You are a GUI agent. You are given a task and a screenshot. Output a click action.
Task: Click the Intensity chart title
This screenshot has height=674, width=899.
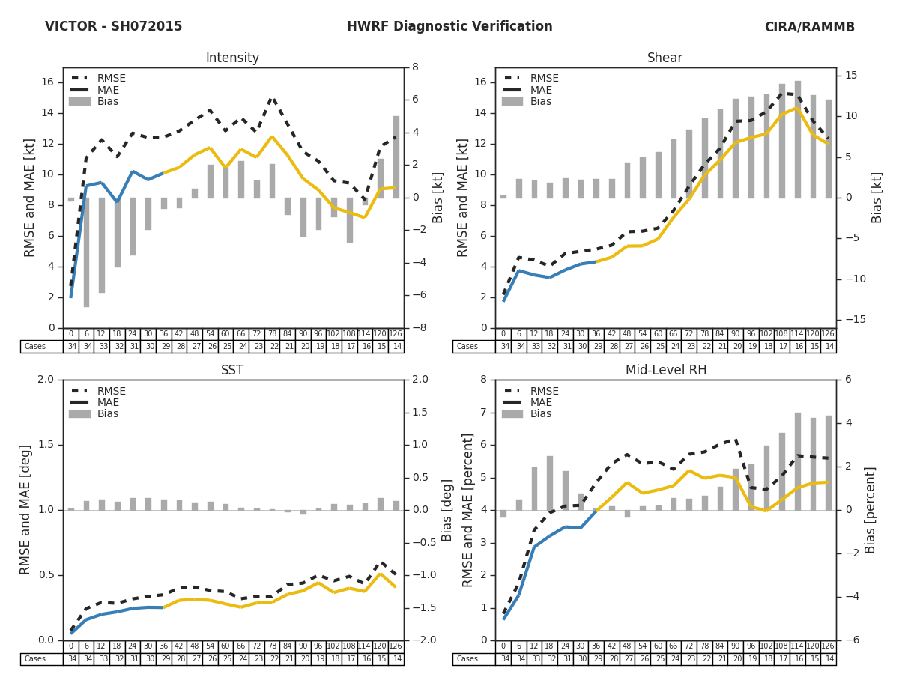click(x=232, y=58)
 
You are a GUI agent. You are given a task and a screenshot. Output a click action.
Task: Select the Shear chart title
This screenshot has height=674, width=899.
click(x=665, y=58)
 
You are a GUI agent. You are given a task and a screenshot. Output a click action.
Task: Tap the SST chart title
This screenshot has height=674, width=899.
click(x=232, y=371)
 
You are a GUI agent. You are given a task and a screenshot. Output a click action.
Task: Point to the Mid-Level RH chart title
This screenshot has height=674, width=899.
click(x=665, y=371)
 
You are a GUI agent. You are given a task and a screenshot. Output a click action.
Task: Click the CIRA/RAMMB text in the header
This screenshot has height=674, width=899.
click(x=809, y=27)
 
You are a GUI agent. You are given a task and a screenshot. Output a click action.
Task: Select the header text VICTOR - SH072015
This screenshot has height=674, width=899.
click(x=113, y=27)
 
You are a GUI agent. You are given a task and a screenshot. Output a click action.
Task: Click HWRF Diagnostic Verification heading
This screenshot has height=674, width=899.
click(x=449, y=27)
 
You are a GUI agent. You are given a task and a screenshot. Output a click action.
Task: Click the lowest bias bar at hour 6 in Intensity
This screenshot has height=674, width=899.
click(x=86, y=252)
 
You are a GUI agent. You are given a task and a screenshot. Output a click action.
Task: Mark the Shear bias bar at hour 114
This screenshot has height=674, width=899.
click(x=798, y=139)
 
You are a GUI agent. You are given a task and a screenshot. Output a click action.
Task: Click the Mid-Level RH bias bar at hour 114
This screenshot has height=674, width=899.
click(x=798, y=461)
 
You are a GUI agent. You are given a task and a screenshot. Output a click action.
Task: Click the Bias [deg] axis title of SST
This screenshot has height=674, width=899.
click(x=447, y=509)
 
